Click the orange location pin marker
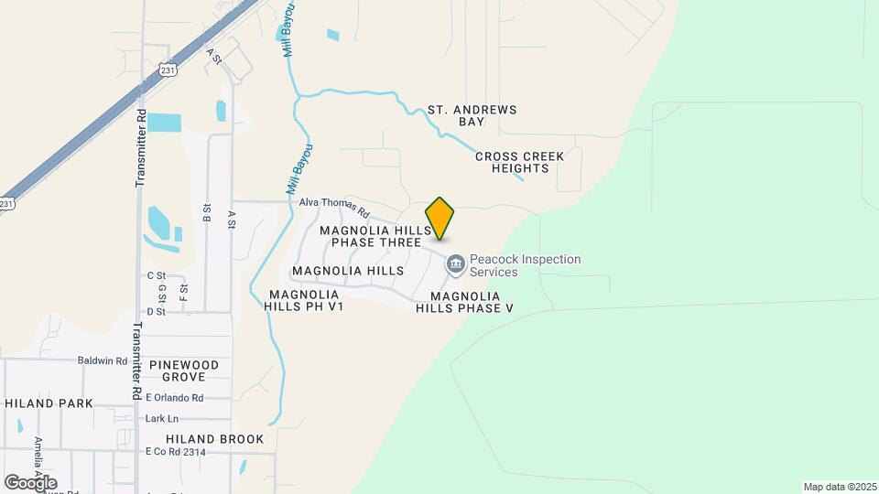[x=440, y=218]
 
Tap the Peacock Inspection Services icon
[x=455, y=264]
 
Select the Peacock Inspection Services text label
[x=525, y=265]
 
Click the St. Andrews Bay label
[x=472, y=115]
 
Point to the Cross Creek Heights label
[x=520, y=162]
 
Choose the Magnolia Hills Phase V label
[x=465, y=302]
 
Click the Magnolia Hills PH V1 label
[x=306, y=301]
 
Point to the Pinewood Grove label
[x=190, y=370]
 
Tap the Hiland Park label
[x=49, y=403]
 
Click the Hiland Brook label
[x=216, y=439]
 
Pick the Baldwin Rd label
[x=102, y=360]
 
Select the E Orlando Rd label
[x=174, y=398]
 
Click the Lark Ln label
[x=160, y=418]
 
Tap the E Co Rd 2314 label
[x=175, y=452]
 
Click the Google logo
[x=31, y=482]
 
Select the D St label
[x=156, y=312]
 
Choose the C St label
[x=156, y=275]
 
